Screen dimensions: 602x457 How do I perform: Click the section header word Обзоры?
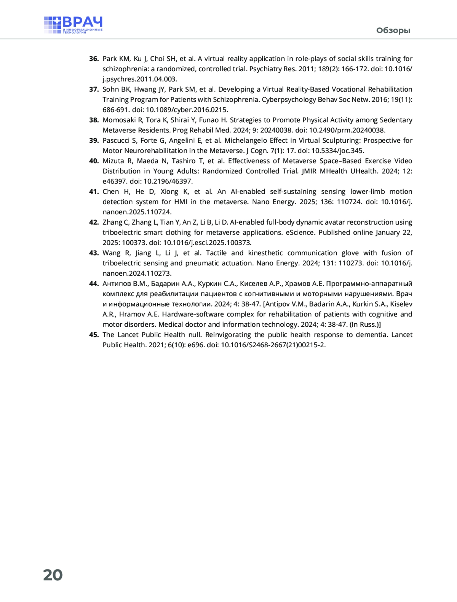(393, 30)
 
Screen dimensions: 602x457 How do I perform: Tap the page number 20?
(53, 575)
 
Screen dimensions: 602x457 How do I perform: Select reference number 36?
(94, 59)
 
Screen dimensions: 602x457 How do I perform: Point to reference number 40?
(94, 161)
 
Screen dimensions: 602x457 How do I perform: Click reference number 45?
(94, 335)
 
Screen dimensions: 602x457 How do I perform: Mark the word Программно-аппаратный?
(369, 284)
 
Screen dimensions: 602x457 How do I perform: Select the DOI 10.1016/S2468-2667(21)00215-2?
(273, 345)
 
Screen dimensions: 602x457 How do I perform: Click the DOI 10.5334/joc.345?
(337, 151)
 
